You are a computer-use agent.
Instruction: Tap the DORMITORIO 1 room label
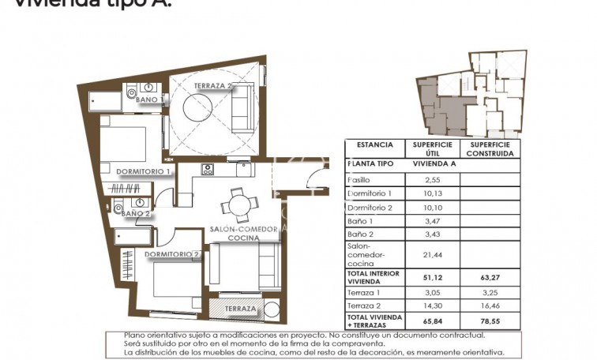point(143,171)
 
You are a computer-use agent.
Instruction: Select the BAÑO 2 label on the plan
point(137,213)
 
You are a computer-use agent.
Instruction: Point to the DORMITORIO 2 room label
point(171,254)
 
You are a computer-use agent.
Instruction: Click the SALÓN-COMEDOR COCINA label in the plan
point(243,234)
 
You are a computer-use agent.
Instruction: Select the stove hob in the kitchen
point(208,170)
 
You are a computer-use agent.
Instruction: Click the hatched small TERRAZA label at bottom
point(239,309)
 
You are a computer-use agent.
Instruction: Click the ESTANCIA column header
point(374,145)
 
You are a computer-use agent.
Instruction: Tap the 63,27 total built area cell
point(490,277)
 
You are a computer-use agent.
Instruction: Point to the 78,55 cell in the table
point(490,321)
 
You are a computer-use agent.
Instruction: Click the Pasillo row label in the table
point(359,180)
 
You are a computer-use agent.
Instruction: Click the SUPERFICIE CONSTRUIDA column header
point(490,149)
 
